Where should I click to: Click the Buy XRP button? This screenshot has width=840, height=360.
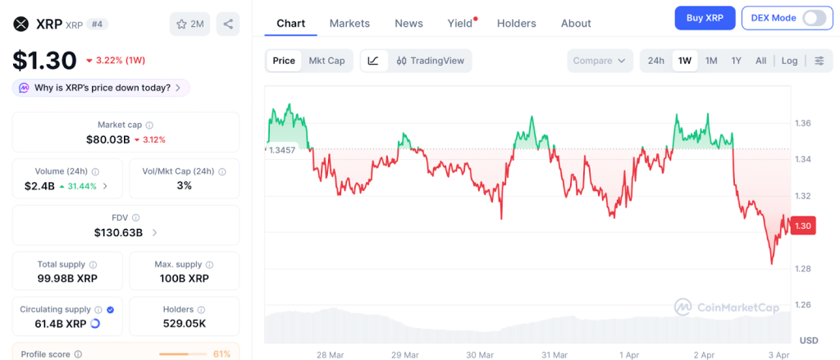pyautogui.click(x=705, y=18)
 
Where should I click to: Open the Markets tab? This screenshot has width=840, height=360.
pyautogui.click(x=349, y=24)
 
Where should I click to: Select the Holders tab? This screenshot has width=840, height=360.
pyautogui.click(x=516, y=24)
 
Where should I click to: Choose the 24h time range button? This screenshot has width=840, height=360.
pyautogui.click(x=656, y=61)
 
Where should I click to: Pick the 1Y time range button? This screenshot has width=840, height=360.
pyautogui.click(x=737, y=61)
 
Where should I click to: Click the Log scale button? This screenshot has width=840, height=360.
pyautogui.click(x=789, y=61)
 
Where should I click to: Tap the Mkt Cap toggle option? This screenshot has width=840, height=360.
pyautogui.click(x=326, y=61)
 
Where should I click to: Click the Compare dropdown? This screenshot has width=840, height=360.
pyautogui.click(x=600, y=61)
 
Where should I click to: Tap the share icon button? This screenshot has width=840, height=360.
pyautogui.click(x=228, y=24)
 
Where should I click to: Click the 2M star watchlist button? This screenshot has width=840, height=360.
pyautogui.click(x=190, y=24)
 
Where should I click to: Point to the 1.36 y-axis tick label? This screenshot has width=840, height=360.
pyautogui.click(x=803, y=123)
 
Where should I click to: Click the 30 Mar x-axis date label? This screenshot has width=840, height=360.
pyautogui.click(x=480, y=354)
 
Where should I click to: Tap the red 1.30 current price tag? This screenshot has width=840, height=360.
pyautogui.click(x=803, y=226)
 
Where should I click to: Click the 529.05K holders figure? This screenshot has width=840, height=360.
pyautogui.click(x=185, y=323)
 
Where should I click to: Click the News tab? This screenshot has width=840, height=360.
pyautogui.click(x=409, y=24)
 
